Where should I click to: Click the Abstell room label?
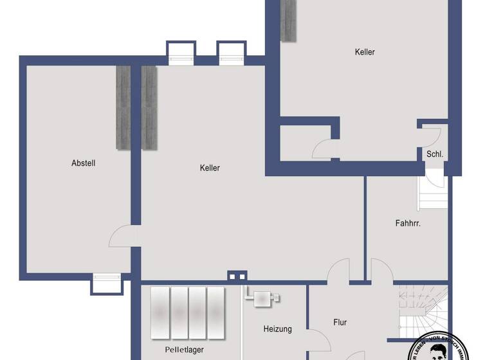coord(83,163)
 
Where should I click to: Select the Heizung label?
coord(277,329)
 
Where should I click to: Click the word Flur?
coord(340,322)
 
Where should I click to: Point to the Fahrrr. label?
coord(408,223)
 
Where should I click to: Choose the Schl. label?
coord(435,154)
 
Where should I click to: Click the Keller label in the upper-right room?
coord(365,52)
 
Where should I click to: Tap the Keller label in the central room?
coord(210,168)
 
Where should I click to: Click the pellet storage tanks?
coord(188,312)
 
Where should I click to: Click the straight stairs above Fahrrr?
coord(432,193)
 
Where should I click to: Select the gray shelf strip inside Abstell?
coord(123,107)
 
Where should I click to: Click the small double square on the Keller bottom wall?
coord(237,277)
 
